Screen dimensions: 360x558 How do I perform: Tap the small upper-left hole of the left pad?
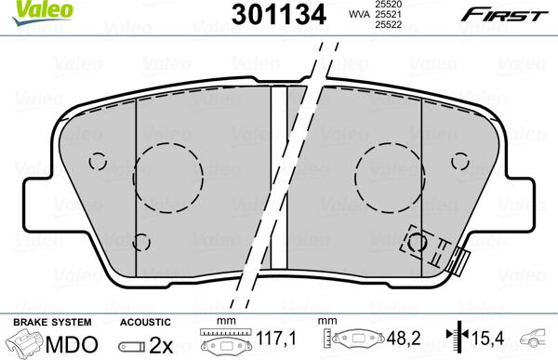tap(96, 160)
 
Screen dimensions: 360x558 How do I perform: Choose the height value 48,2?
tap(402, 340)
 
